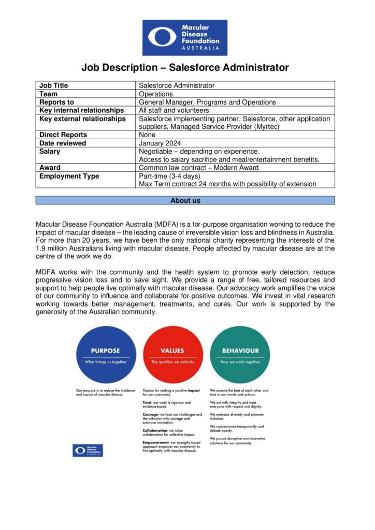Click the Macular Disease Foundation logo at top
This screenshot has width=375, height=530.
pyautogui.click(x=185, y=37)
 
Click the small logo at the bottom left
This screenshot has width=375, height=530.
pyautogui.click(x=88, y=450)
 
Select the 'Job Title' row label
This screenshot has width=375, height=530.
pyautogui.click(x=54, y=85)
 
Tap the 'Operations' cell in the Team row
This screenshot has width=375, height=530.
pyautogui.click(x=156, y=94)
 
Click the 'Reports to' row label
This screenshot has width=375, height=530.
pyautogui.click(x=57, y=102)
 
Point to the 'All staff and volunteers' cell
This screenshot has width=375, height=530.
pyautogui.click(x=174, y=110)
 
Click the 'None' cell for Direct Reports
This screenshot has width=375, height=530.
pyautogui.click(x=148, y=135)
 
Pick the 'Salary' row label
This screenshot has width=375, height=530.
pyautogui.click(x=50, y=152)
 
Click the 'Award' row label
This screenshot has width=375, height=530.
pyautogui.click(x=50, y=168)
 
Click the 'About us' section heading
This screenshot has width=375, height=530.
pyautogui.click(x=185, y=200)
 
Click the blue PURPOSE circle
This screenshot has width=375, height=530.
pyautogui.click(x=106, y=356)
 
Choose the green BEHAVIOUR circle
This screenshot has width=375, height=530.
pyautogui.click(x=240, y=356)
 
